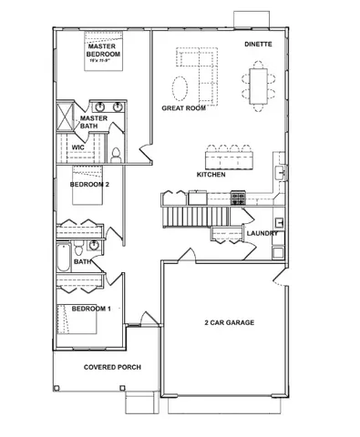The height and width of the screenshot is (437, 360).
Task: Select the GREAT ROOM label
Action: [183, 107]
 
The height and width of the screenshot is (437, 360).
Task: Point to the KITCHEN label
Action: [211, 173]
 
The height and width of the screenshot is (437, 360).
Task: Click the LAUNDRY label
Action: [262, 234]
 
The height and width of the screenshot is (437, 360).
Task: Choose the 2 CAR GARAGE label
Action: [228, 322]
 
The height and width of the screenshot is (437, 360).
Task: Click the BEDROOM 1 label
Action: [91, 309]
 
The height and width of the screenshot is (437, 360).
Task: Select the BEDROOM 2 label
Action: [89, 184]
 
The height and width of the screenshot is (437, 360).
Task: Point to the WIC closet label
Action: [78, 146]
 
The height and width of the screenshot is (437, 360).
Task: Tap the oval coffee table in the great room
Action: [182, 88]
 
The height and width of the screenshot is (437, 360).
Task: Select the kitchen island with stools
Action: [231, 157]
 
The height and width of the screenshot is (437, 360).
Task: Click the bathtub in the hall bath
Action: [63, 258]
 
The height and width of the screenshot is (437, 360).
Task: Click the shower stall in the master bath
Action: [66, 117]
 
